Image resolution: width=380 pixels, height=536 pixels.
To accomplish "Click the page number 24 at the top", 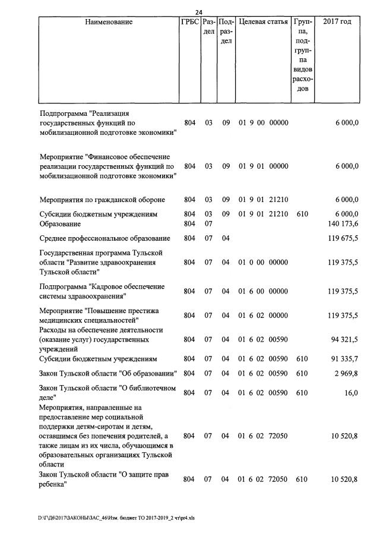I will coord(199,13).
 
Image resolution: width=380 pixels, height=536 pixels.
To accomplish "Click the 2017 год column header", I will coord(337,22).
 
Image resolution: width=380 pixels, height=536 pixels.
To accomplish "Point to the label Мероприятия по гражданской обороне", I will coord(102,200).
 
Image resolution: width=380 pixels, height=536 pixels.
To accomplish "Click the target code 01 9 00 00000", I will coord(263,123).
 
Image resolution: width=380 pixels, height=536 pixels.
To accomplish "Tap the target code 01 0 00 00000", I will coord(263,262).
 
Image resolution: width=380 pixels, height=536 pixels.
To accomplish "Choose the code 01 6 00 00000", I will coord(263,291).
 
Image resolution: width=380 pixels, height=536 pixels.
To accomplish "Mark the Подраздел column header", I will coord(226,31).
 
